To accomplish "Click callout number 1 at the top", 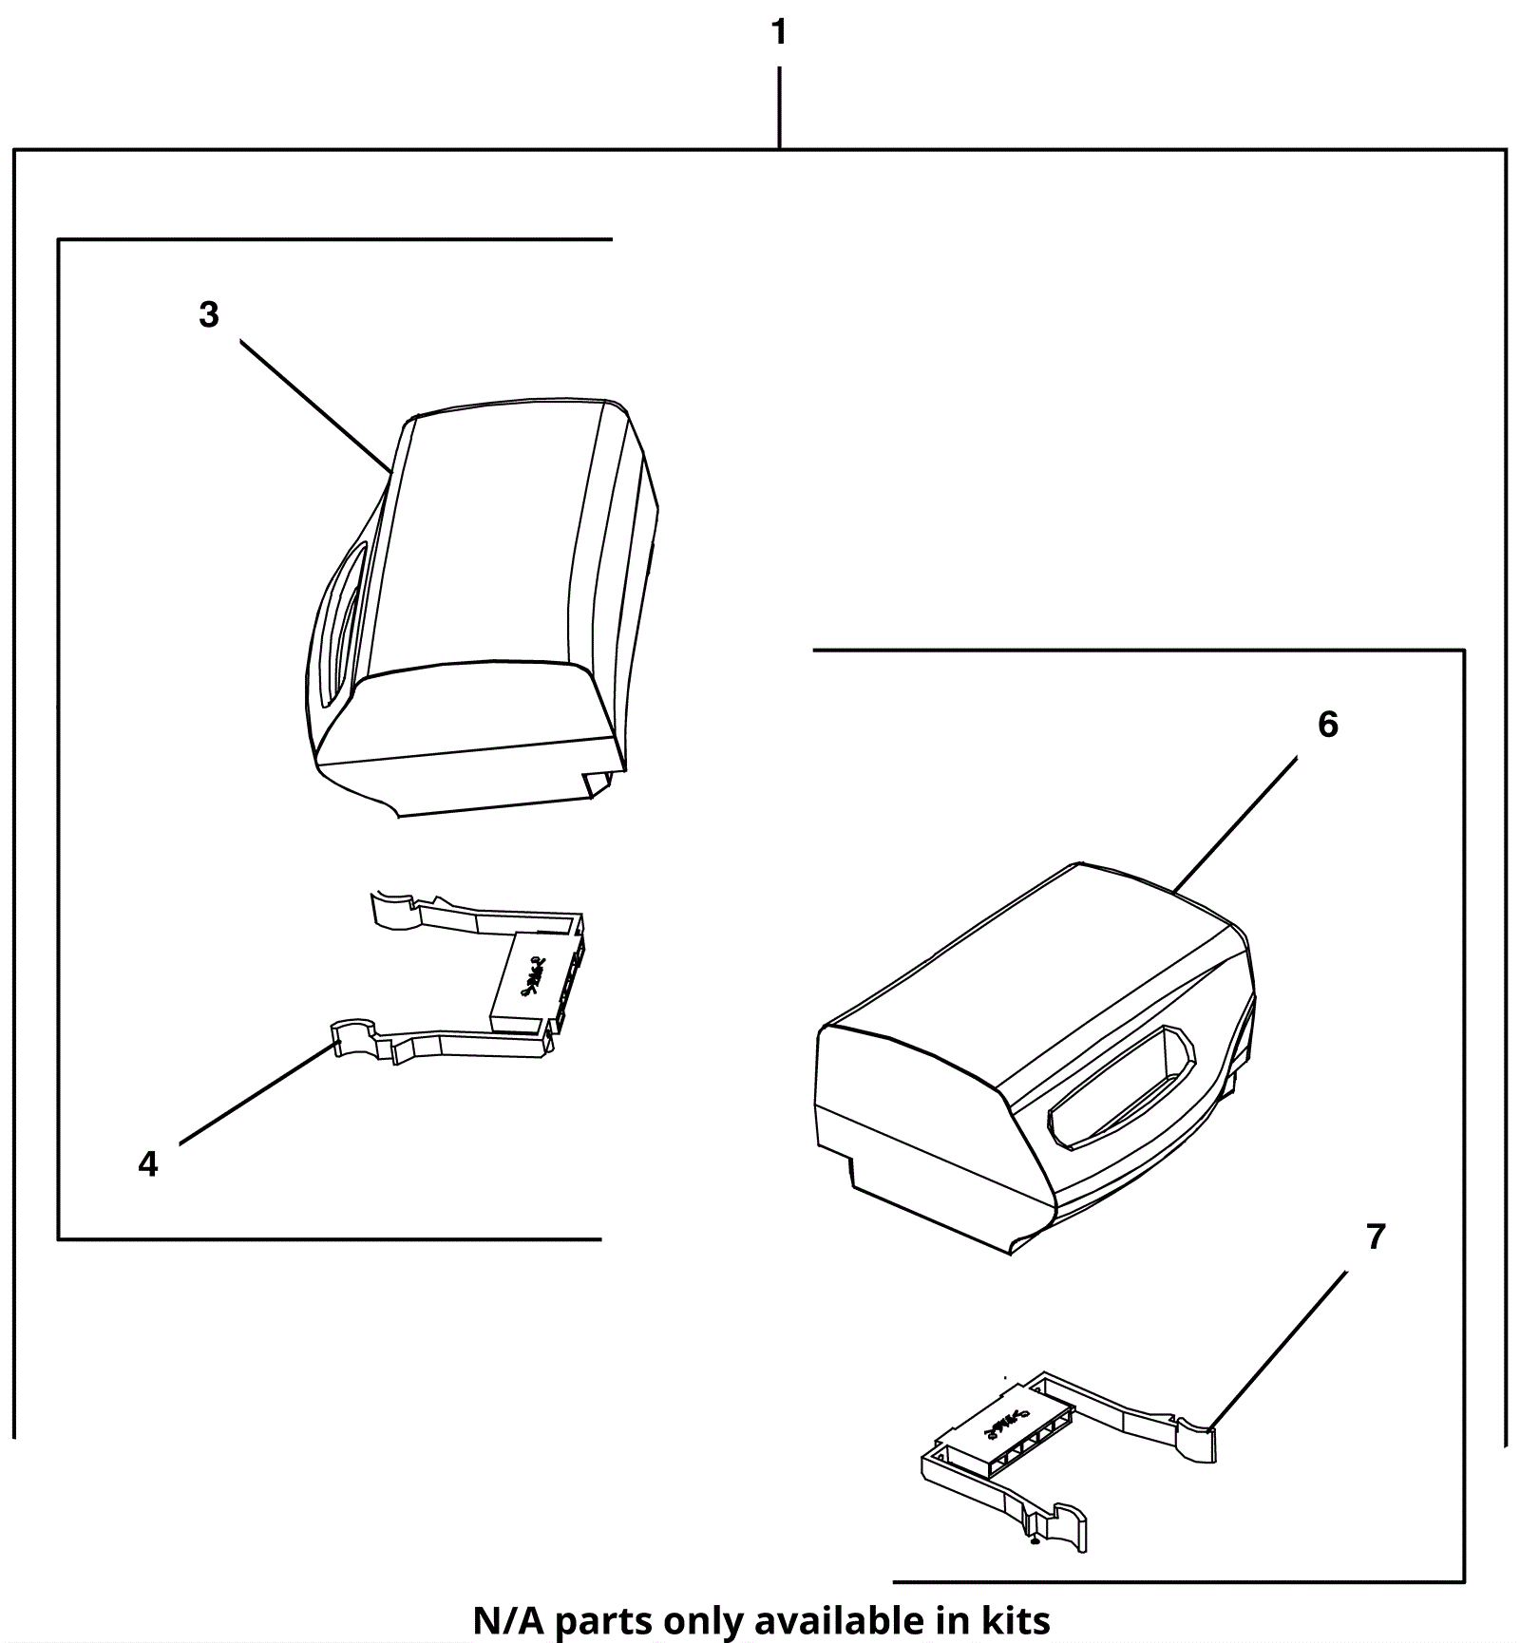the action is pyautogui.click(x=779, y=33).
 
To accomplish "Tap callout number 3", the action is pyautogui.click(x=209, y=314).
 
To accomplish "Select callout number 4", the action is pyautogui.click(x=148, y=1163).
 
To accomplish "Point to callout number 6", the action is pyautogui.click(x=1328, y=725).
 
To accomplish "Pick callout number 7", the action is pyautogui.click(x=1376, y=1237).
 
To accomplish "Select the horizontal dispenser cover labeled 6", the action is pyautogui.click(x=1035, y=1059).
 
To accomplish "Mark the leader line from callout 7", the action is pyautogui.click(x=1280, y=1350).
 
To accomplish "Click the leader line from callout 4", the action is pyautogui.click(x=256, y=1093).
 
